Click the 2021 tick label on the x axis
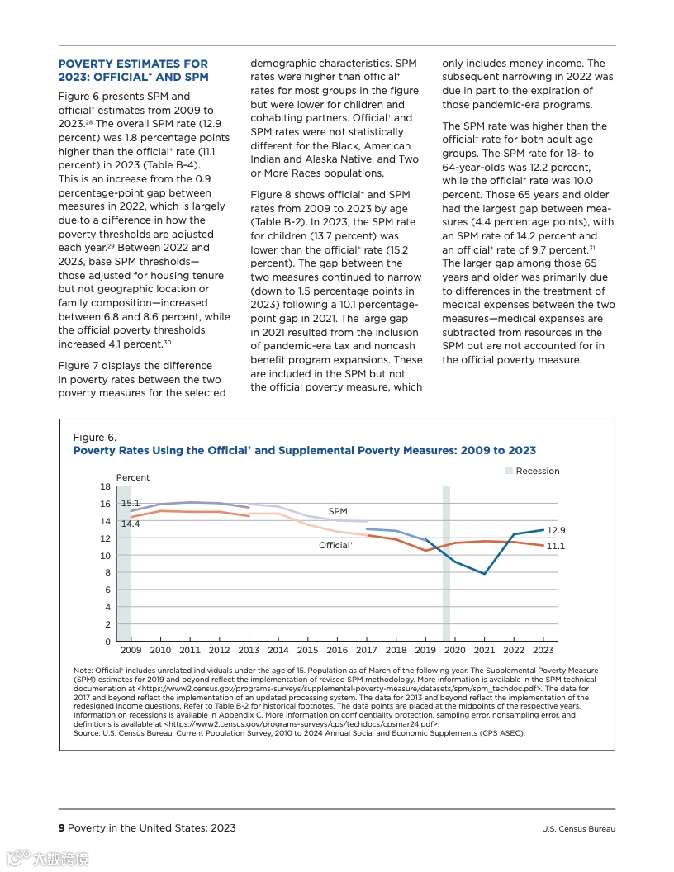click(484, 651)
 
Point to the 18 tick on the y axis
click(105, 486)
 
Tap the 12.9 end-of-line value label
click(556, 531)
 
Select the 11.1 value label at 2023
click(556, 547)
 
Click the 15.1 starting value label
click(131, 503)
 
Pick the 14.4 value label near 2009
click(131, 524)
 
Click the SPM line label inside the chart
click(338, 512)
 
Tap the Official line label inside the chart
click(335, 546)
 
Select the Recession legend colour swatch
click(508, 471)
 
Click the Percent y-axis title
click(133, 478)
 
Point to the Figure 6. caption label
click(95, 438)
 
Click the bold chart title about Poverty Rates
click(304, 451)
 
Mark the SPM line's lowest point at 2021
click(484, 574)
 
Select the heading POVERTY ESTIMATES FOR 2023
click(133, 70)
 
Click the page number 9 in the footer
click(61, 828)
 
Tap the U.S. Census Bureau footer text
click(578, 829)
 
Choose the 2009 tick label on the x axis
click(131, 651)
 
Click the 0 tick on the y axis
click(107, 642)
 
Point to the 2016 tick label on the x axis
click(337, 651)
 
